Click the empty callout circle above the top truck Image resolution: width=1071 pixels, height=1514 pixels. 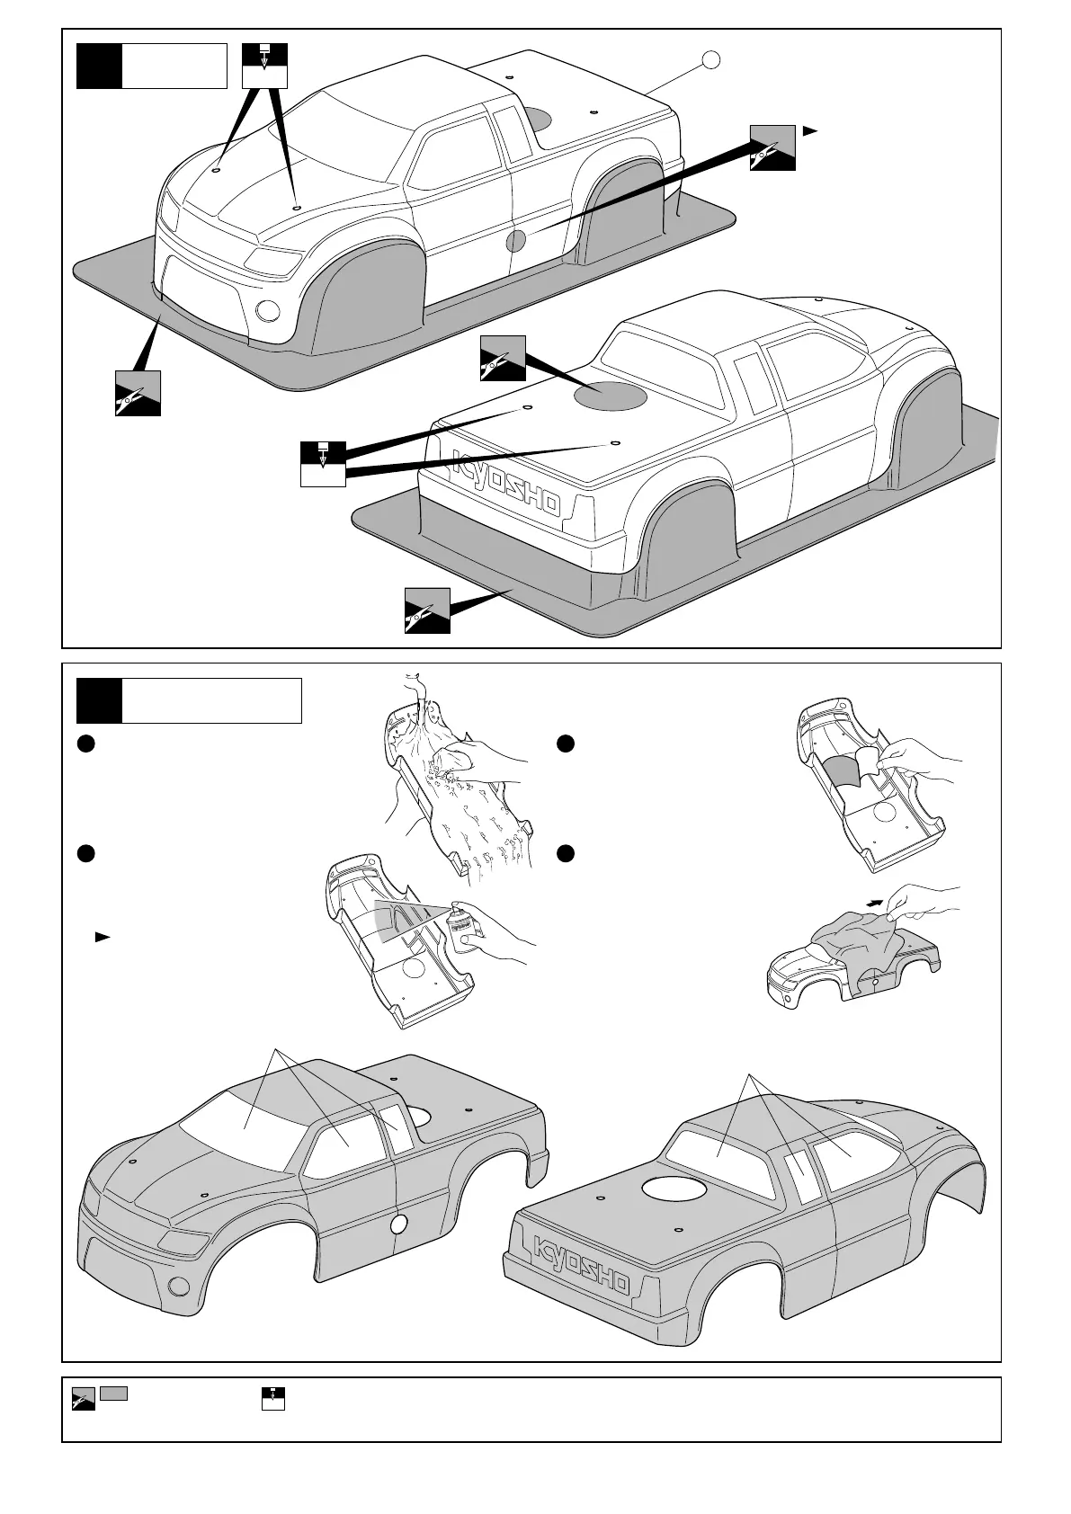[710, 59]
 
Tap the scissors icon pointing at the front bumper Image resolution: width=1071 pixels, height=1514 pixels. [138, 393]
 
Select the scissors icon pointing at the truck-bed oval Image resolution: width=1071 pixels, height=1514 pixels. [503, 358]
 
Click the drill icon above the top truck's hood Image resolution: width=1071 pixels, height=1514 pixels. [264, 65]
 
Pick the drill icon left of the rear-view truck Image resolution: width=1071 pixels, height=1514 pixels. [322, 464]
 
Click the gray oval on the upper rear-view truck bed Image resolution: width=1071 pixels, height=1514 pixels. [611, 395]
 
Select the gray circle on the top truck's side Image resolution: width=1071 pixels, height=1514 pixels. [516, 240]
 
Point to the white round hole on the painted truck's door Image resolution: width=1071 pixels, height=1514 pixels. [399, 1222]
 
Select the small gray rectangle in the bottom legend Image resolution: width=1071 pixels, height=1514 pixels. [113, 1393]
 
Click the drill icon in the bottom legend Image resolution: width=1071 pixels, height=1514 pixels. [273, 1398]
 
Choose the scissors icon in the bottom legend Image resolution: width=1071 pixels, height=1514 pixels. [84, 1399]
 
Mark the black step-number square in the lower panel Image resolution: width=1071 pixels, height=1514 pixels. [99, 701]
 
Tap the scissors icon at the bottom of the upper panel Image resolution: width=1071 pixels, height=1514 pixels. [427, 610]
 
